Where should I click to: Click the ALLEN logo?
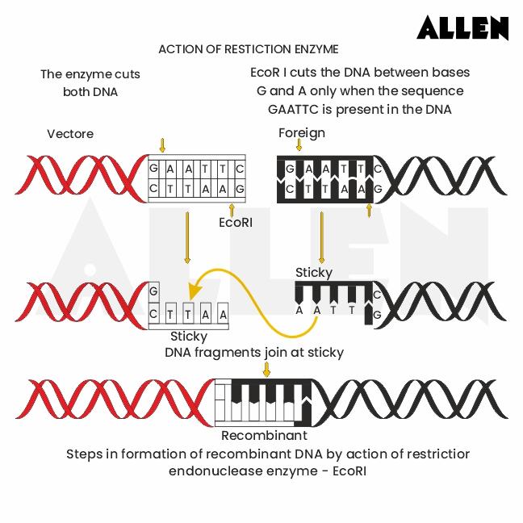point(462,28)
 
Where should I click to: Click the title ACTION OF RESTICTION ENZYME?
point(248,49)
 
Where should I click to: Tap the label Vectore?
point(70,133)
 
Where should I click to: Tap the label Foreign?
point(302,132)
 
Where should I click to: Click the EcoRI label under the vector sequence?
point(236,221)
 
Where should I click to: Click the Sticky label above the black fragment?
point(313,272)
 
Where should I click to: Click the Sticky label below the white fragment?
point(189,336)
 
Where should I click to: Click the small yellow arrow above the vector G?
point(162,145)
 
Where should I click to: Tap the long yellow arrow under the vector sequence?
point(187,237)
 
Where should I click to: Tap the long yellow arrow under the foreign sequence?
point(322,237)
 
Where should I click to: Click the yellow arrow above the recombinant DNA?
point(266,369)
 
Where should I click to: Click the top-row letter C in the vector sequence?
point(239,169)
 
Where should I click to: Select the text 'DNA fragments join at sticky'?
point(254,352)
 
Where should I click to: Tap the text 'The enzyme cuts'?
point(90,74)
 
